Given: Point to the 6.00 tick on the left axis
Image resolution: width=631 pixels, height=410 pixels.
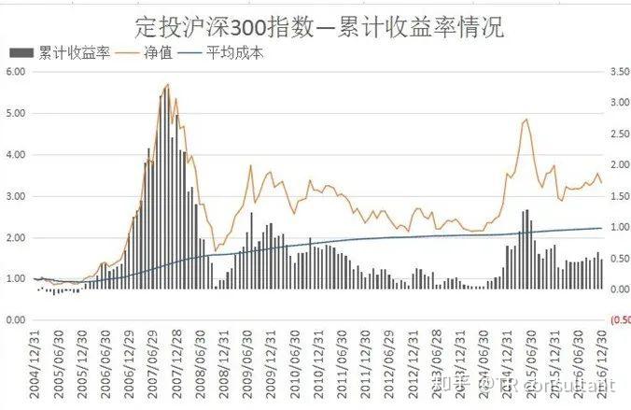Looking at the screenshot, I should [15, 71].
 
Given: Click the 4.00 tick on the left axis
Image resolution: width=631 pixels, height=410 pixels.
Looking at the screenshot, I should [15, 154].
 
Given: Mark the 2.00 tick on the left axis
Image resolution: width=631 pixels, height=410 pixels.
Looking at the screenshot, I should [15, 237].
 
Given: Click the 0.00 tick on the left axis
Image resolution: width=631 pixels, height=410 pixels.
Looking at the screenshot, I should [15, 320].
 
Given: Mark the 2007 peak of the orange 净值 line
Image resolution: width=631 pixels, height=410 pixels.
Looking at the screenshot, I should [167, 85].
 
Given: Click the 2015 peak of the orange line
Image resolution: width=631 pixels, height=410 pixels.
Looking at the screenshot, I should [527, 120].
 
